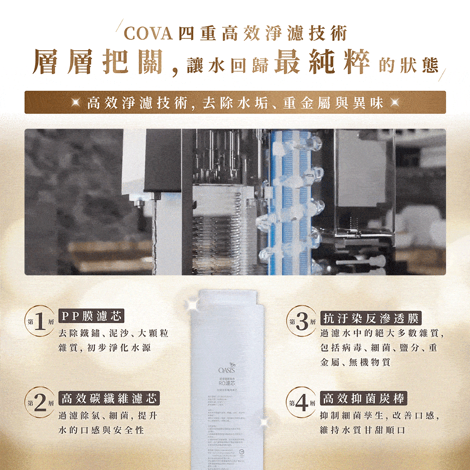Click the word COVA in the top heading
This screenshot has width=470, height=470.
[x=149, y=34]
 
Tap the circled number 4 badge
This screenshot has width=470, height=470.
[x=302, y=402]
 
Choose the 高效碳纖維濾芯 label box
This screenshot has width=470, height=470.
[x=109, y=399]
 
